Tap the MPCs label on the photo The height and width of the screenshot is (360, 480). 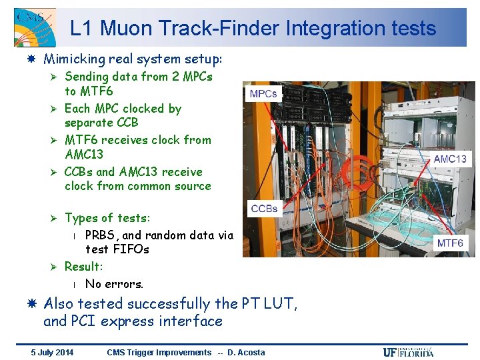click(263, 94)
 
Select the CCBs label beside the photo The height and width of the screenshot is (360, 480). click(264, 209)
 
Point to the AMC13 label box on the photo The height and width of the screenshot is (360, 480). click(451, 159)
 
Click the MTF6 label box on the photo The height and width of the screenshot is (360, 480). click(451, 243)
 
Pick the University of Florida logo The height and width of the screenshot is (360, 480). click(408, 352)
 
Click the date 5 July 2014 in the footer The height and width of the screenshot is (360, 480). click(53, 353)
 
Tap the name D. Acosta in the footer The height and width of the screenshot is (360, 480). click(246, 353)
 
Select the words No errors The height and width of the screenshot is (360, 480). click(114, 284)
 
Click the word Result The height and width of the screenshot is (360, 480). click(83, 267)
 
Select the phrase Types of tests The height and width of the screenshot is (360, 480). click(107, 218)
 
